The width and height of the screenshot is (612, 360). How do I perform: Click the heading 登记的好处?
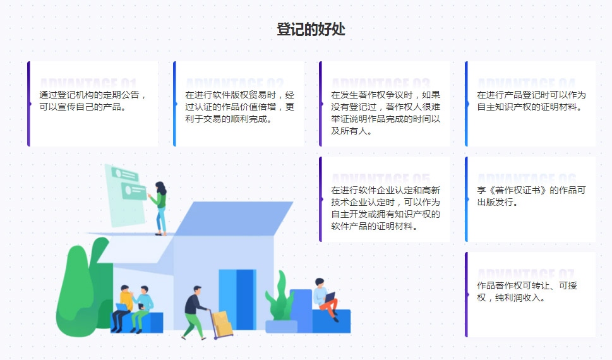[x=311, y=29]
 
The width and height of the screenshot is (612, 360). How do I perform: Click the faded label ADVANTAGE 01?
[x=88, y=83]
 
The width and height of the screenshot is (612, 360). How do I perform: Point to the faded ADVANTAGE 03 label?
[x=380, y=83]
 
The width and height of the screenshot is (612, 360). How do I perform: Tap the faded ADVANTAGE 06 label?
[x=526, y=179]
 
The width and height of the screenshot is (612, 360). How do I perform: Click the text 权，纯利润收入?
[x=511, y=297]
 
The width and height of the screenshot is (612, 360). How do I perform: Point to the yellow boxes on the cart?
[x=222, y=323]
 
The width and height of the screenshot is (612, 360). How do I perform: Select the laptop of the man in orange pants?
[x=329, y=296]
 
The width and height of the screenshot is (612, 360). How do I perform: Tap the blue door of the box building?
[x=237, y=298]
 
